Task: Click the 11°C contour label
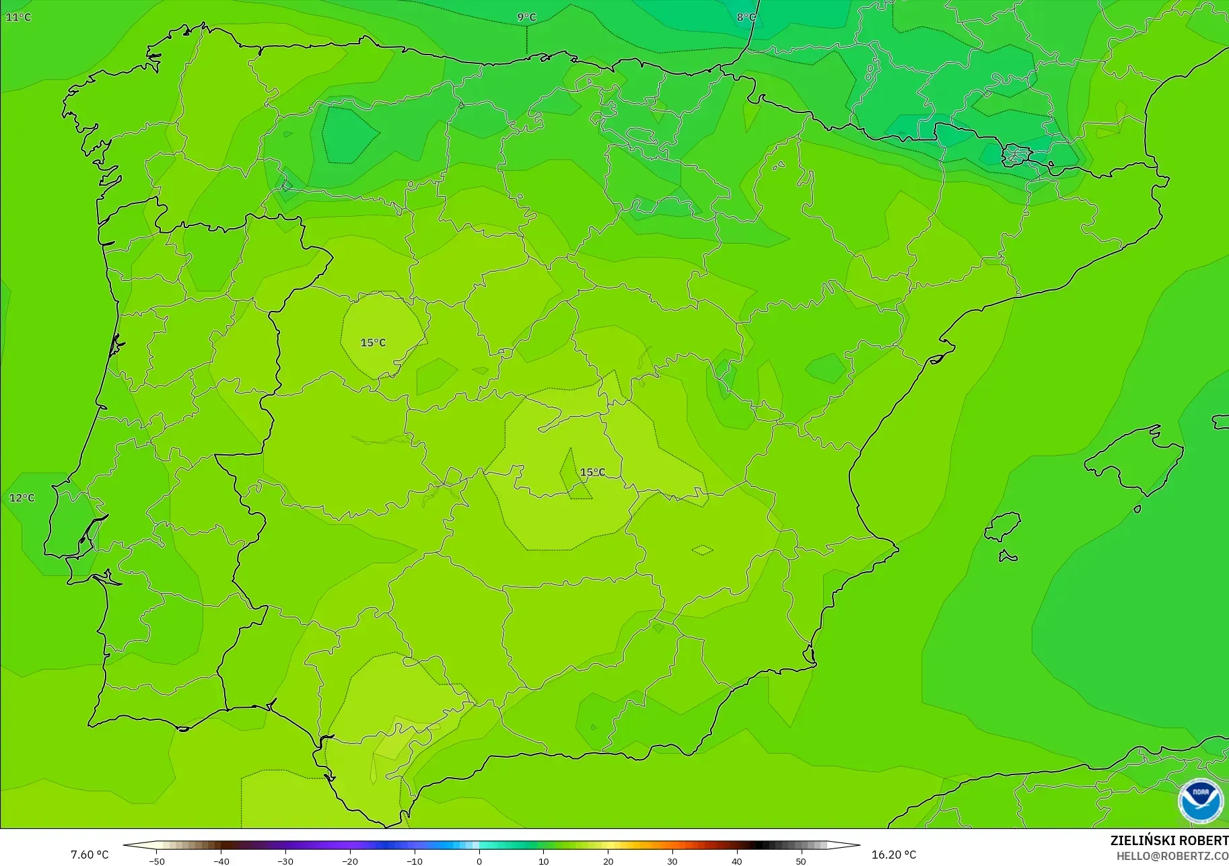(19, 17)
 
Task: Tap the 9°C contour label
(526, 17)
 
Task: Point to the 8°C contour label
(746, 17)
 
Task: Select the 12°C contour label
(22, 498)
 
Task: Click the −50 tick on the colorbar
(156, 861)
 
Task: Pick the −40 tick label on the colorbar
(221, 861)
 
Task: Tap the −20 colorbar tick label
(350, 861)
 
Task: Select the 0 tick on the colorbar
(479, 861)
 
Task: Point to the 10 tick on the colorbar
(543, 861)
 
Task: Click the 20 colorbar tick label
(608, 861)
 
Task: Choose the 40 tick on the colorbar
(736, 861)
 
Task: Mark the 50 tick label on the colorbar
(801, 861)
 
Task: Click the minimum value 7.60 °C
(90, 855)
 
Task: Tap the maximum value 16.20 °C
(894, 855)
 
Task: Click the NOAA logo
(1201, 801)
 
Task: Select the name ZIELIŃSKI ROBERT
(1169, 840)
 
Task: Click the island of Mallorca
(1137, 458)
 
